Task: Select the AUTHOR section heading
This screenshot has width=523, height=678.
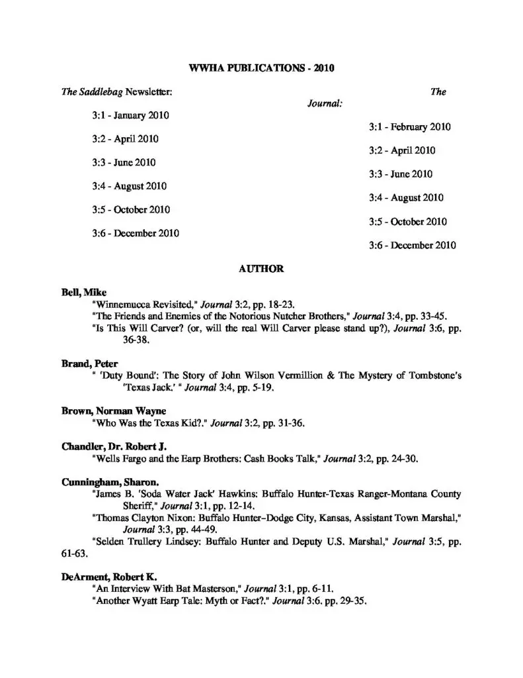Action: tap(261, 269)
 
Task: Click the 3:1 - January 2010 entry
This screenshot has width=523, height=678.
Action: tap(131, 115)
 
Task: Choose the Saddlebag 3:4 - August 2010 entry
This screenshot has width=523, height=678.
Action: tap(130, 186)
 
